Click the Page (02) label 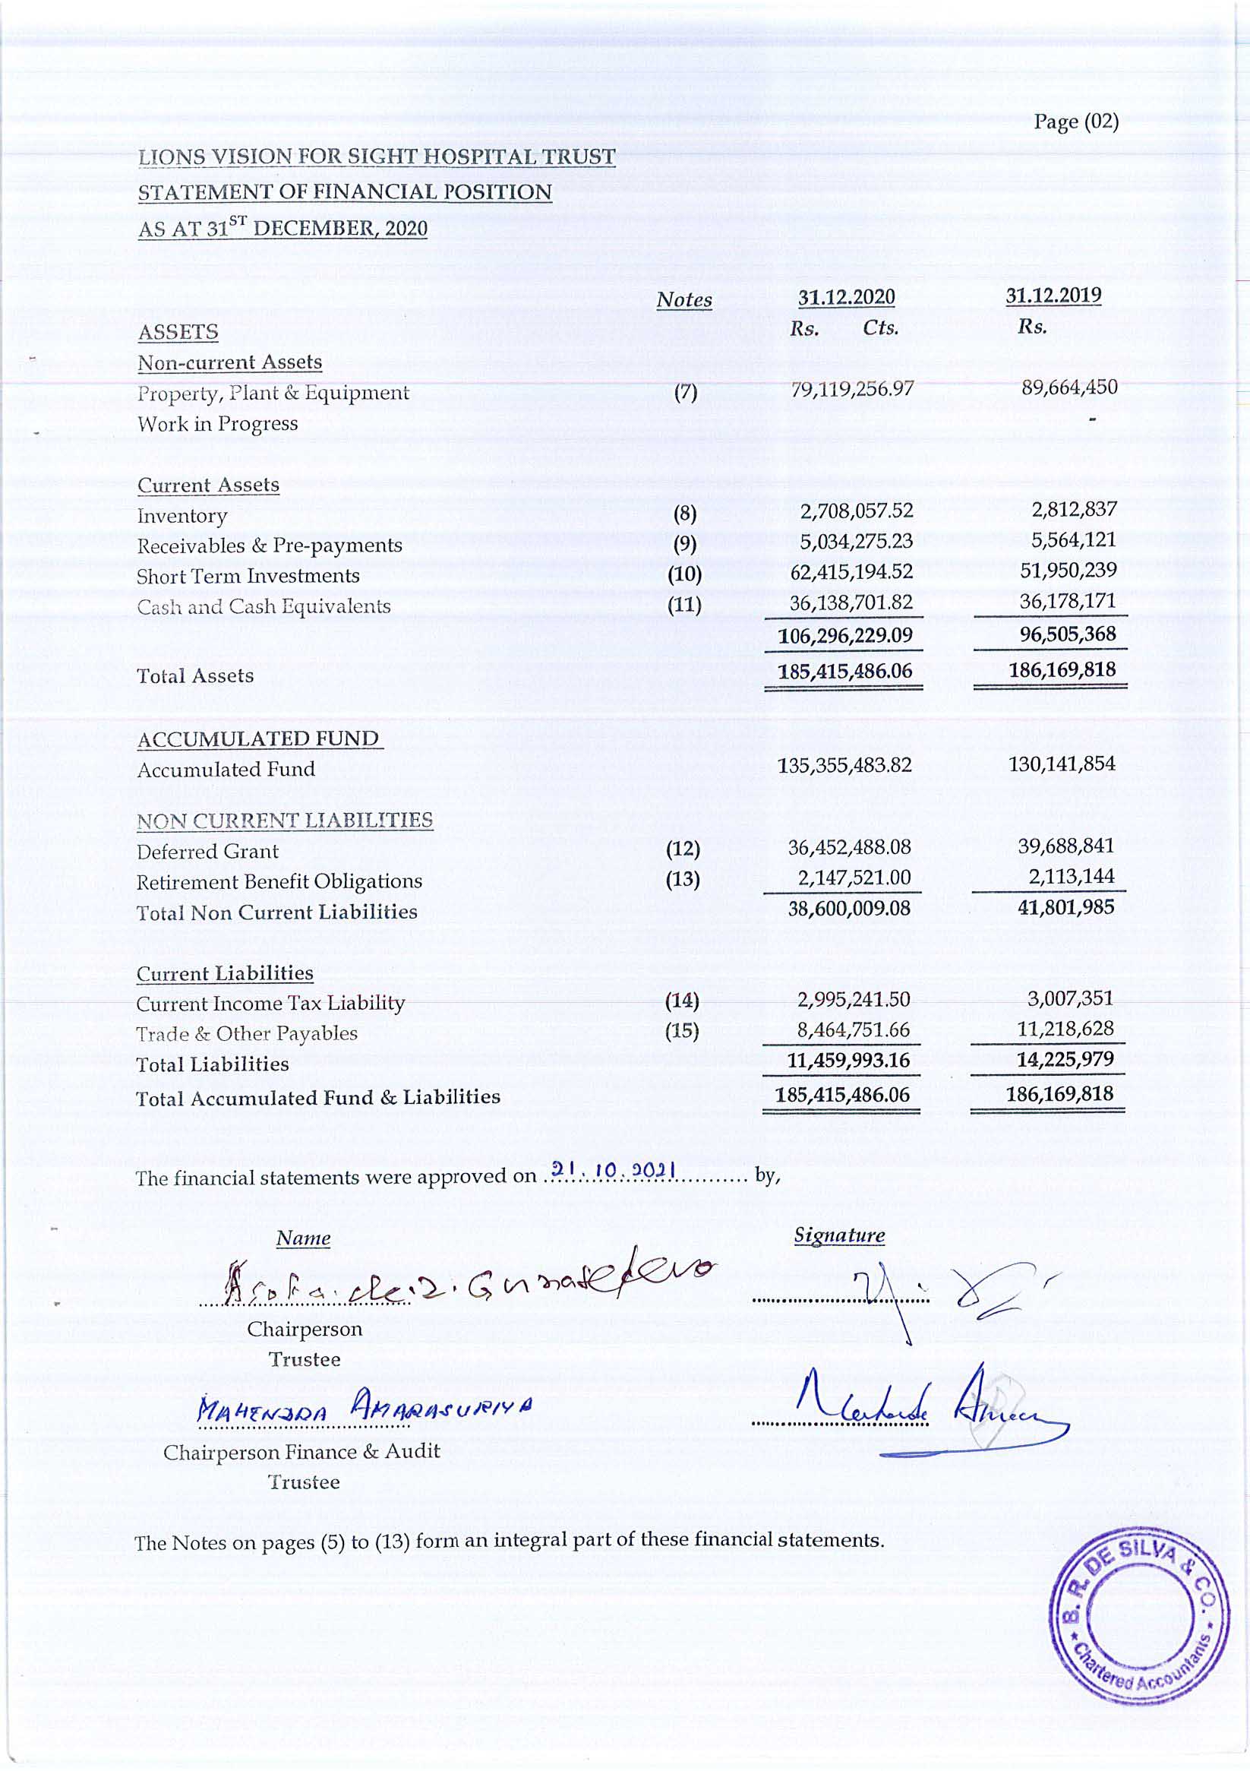(1076, 122)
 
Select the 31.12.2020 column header (846, 297)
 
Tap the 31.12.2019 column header (1053, 296)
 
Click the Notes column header (684, 300)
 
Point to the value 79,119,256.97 (852, 389)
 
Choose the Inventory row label (182, 516)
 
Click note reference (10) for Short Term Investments (684, 574)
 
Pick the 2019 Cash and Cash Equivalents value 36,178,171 (1067, 601)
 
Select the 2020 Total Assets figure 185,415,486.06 (844, 671)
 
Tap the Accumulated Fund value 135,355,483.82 (844, 765)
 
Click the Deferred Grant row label (207, 852)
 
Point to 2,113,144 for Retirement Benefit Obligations (1071, 876)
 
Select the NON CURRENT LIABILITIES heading (285, 821)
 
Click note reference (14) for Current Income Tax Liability (682, 1001)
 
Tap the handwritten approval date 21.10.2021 (614, 1171)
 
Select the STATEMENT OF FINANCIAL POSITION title (345, 192)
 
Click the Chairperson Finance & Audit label (301, 1452)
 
